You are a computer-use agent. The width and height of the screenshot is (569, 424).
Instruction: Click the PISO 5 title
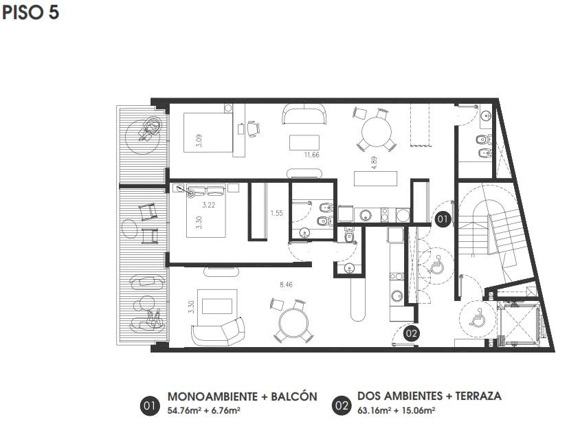(x=30, y=12)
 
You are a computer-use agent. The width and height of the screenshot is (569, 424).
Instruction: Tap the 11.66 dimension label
(x=312, y=155)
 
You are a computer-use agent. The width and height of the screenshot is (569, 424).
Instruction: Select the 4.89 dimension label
(x=374, y=163)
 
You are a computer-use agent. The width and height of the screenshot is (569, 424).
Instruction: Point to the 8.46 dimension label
(x=287, y=284)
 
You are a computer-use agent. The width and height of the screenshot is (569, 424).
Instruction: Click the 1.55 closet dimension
(x=276, y=213)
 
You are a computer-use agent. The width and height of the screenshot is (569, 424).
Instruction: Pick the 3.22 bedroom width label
(x=209, y=205)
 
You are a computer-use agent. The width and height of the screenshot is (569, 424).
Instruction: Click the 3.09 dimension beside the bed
(x=199, y=140)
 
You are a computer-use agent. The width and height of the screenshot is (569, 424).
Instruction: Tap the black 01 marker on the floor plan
(x=443, y=219)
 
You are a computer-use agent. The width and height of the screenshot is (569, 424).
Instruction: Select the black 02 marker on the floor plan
(x=412, y=333)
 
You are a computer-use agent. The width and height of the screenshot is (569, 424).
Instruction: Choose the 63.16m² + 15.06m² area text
(x=397, y=410)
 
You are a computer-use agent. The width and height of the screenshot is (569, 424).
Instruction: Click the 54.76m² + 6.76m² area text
(x=203, y=411)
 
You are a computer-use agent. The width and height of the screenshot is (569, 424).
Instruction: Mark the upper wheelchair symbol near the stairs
(x=436, y=265)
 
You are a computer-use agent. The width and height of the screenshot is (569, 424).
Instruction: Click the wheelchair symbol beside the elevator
(x=477, y=317)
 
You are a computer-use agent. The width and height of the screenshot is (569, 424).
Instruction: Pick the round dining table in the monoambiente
(x=377, y=131)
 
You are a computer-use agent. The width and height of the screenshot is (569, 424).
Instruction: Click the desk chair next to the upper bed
(x=254, y=129)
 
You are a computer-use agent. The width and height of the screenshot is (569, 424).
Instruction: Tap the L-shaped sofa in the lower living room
(x=218, y=333)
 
